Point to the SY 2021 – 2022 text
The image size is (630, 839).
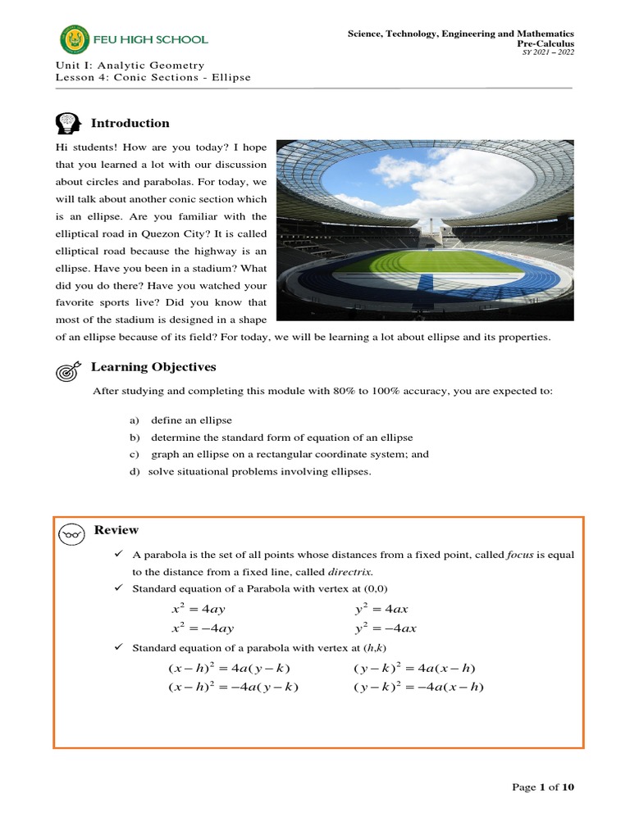550,52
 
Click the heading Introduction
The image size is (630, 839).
130,123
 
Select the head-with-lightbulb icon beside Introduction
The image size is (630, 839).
68,124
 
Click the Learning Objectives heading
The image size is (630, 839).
153,366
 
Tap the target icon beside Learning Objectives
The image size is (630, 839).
68,370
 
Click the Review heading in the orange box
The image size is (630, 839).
116,530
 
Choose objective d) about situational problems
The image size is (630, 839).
250,471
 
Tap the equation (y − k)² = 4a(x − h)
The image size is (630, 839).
414,669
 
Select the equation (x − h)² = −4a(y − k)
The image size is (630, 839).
234,687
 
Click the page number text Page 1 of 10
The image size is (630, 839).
543,787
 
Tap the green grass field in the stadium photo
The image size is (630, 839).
427,261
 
